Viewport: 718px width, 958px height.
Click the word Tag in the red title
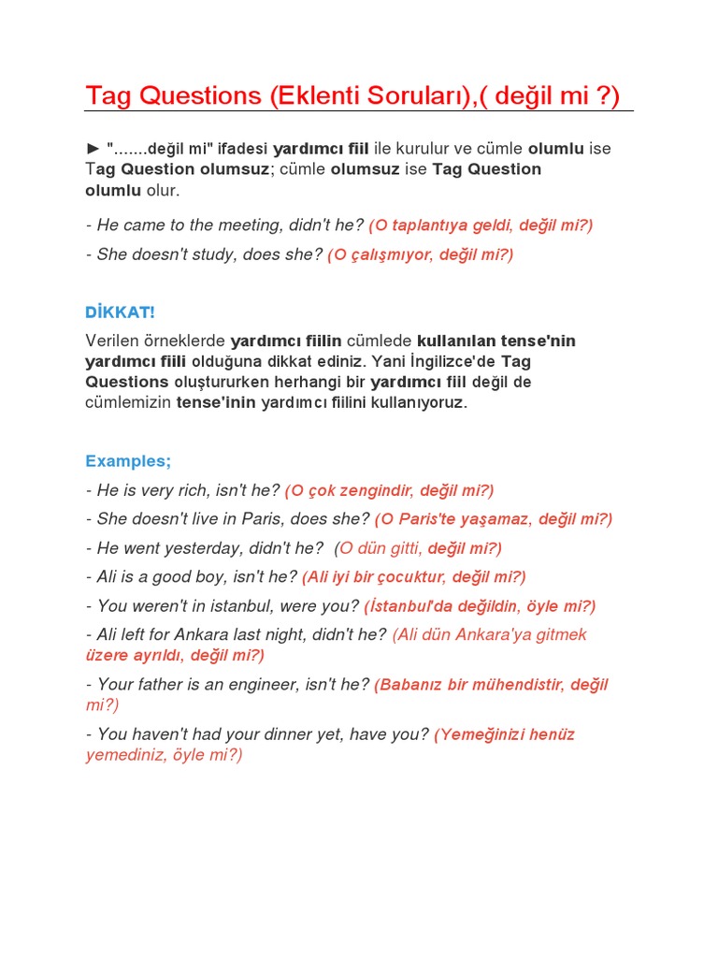click(109, 95)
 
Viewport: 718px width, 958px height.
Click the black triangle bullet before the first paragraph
click(93, 149)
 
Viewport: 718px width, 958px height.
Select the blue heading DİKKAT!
click(120, 312)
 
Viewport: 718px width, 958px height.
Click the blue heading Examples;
click(128, 461)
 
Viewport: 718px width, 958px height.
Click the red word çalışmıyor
click(390, 254)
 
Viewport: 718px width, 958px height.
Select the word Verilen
click(110, 341)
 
